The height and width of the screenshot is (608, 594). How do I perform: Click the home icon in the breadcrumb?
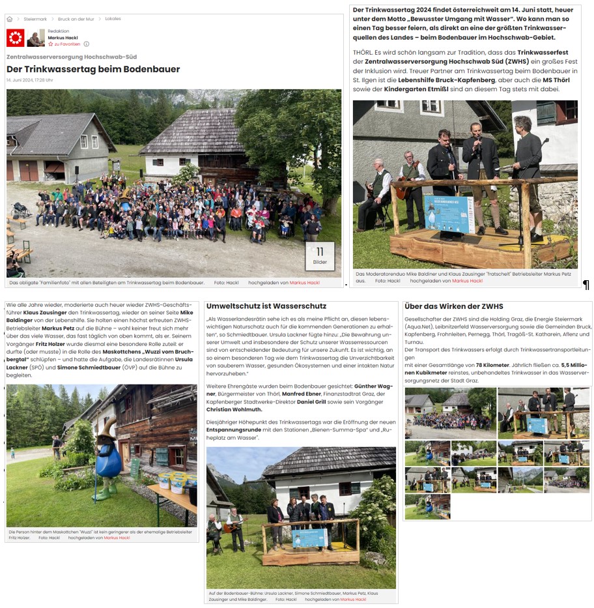pyautogui.click(x=10, y=19)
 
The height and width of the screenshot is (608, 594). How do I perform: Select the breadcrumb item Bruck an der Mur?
pyautogui.click(x=76, y=19)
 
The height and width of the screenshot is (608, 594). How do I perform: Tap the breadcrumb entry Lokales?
pyautogui.click(x=113, y=19)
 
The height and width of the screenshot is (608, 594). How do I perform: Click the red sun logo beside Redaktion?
pyautogui.click(x=16, y=38)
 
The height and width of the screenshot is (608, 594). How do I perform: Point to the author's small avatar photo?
pyautogui.click(x=36, y=38)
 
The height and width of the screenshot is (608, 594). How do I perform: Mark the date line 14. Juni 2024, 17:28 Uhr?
pyautogui.click(x=29, y=80)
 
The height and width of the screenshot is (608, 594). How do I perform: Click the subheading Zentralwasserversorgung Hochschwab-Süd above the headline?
pyautogui.click(x=72, y=57)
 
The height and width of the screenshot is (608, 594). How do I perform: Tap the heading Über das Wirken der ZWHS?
pyautogui.click(x=454, y=306)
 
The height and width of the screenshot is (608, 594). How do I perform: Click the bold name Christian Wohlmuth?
pyautogui.click(x=234, y=410)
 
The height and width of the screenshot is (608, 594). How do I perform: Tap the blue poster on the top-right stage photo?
pyautogui.click(x=449, y=214)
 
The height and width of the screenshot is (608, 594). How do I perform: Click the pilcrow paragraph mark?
pyautogui.click(x=586, y=285)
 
